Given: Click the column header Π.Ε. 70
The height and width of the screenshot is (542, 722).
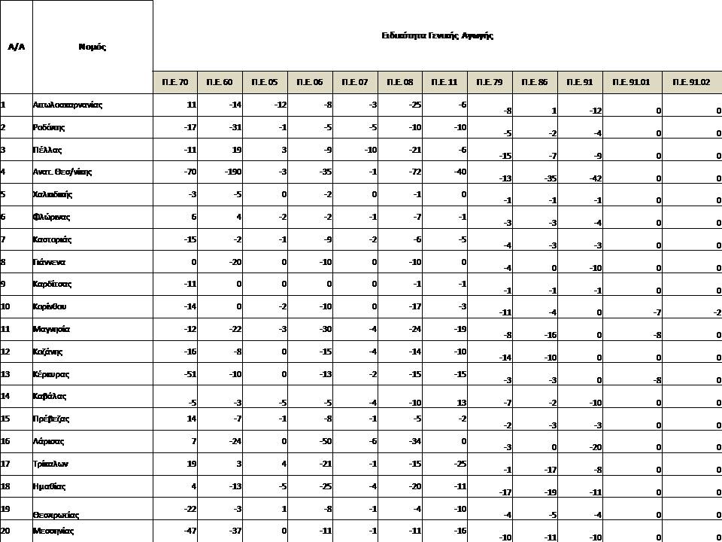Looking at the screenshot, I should point(175,82).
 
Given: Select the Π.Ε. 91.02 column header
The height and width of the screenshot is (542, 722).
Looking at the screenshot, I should point(691,82).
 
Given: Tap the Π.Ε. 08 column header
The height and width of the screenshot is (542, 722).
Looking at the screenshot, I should point(399,82).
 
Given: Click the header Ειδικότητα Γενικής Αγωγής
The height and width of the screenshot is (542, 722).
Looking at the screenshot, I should point(437,35).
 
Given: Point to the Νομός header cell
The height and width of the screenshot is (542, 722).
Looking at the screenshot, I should point(92,47).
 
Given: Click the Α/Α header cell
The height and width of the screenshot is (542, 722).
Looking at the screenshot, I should point(16,47).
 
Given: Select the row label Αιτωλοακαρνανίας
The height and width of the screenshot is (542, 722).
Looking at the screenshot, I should point(68,105).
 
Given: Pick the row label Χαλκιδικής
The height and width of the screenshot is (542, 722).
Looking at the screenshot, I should point(53,194).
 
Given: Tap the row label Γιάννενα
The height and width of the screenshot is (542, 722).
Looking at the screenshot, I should point(49,262).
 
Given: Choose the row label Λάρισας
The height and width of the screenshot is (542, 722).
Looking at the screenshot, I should point(48,441).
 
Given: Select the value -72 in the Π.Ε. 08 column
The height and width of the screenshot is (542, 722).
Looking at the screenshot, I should point(413,172).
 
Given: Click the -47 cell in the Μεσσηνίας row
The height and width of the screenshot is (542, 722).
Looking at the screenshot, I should point(190,531).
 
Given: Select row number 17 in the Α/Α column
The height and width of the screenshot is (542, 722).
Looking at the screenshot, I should point(5,464).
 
